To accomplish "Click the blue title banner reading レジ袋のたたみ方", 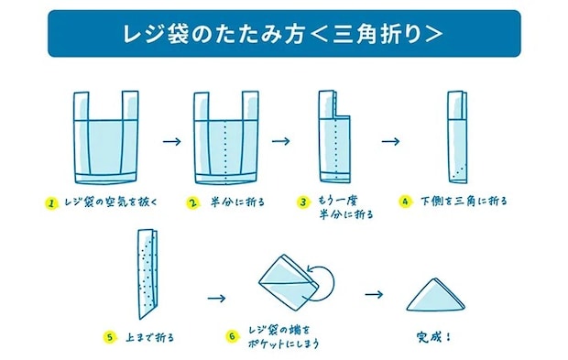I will (x=283, y=34).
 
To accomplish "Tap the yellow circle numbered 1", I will (x=52, y=202).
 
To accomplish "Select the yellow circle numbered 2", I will (x=192, y=202).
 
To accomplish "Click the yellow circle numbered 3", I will (x=303, y=202).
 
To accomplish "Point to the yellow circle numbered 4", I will (x=405, y=201).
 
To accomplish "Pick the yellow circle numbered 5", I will (x=110, y=337).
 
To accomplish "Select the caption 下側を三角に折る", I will (x=463, y=201).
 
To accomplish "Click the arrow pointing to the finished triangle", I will (x=373, y=294).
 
